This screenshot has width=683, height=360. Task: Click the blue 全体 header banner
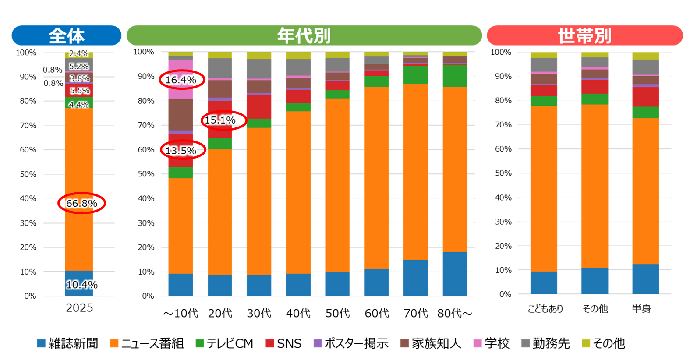tap(67, 35)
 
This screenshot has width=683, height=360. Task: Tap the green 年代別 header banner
tap(304, 35)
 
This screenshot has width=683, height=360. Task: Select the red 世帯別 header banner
tap(584, 35)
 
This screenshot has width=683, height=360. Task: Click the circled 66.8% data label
tap(82, 203)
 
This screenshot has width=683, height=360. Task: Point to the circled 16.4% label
tap(181, 80)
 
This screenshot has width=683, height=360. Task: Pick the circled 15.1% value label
tap(220, 120)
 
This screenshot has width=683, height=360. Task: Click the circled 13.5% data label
tap(181, 150)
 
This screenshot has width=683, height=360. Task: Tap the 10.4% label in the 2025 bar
tap(82, 285)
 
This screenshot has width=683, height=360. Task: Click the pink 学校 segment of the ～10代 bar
tap(181, 79)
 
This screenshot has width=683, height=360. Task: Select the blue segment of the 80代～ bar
tap(455, 274)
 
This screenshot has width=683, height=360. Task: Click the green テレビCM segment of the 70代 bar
tap(416, 75)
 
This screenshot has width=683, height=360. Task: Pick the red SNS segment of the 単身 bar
tap(646, 97)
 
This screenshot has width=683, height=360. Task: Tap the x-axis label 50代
tap(337, 313)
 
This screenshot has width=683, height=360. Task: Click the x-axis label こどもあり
tap(545, 309)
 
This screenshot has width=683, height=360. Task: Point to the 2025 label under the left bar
tap(79, 307)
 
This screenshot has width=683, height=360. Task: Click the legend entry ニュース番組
tap(147, 343)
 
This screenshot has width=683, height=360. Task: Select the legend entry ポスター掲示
tap(351, 343)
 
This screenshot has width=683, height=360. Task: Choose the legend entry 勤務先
tap(546, 343)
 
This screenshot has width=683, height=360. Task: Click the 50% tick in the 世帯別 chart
tap(503, 173)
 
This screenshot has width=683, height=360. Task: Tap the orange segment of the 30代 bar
tap(259, 201)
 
